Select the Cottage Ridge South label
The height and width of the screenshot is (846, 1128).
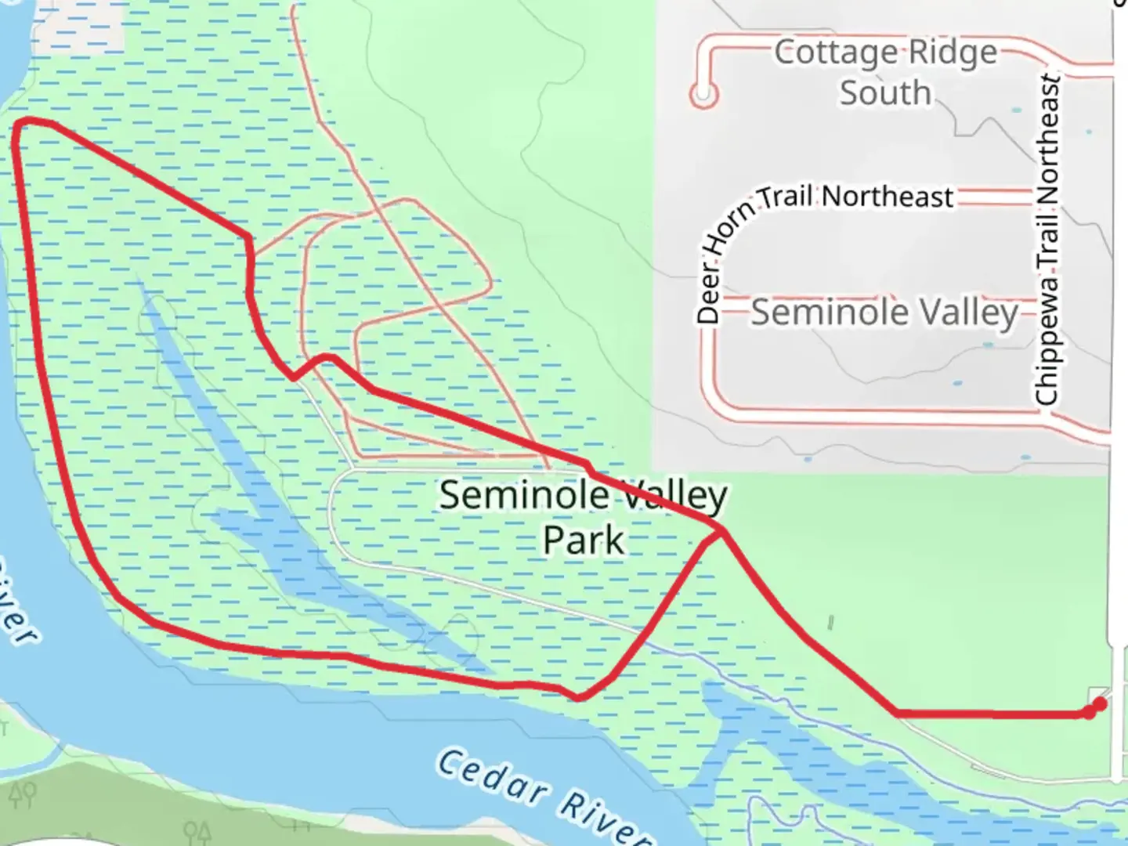885,72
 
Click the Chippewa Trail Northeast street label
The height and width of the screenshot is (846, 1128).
1047,239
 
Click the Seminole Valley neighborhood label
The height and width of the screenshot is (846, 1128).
885,313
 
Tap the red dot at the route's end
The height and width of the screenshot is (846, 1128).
1099,705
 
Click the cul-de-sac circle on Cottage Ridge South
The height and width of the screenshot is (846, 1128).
703,94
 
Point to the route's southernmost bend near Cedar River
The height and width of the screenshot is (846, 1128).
578,696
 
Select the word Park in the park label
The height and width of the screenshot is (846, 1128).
584,540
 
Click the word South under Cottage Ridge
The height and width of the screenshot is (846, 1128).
885,92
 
